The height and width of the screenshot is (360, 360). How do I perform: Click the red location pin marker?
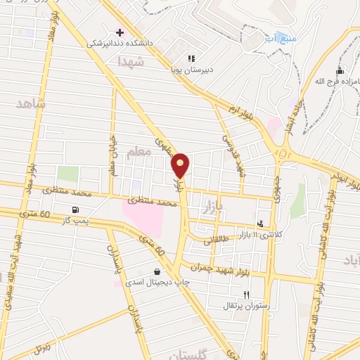click(x=181, y=165)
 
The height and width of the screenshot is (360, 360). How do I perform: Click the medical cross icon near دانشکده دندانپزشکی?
click(x=120, y=32)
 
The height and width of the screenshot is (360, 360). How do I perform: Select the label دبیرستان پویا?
click(x=192, y=70)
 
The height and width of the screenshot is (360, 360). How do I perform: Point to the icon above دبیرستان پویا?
click(x=191, y=58)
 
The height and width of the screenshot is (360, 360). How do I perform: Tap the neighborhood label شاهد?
click(x=30, y=103)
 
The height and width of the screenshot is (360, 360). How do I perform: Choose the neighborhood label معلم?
click(x=140, y=151)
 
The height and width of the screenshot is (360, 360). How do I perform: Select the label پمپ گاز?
click(x=76, y=220)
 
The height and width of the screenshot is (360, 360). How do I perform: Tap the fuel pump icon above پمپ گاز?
click(x=75, y=210)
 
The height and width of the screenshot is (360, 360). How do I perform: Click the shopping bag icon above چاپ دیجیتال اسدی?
click(x=156, y=271)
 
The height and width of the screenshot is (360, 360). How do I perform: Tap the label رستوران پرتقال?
click(x=245, y=306)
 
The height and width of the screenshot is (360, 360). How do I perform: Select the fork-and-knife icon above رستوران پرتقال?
click(x=246, y=295)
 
